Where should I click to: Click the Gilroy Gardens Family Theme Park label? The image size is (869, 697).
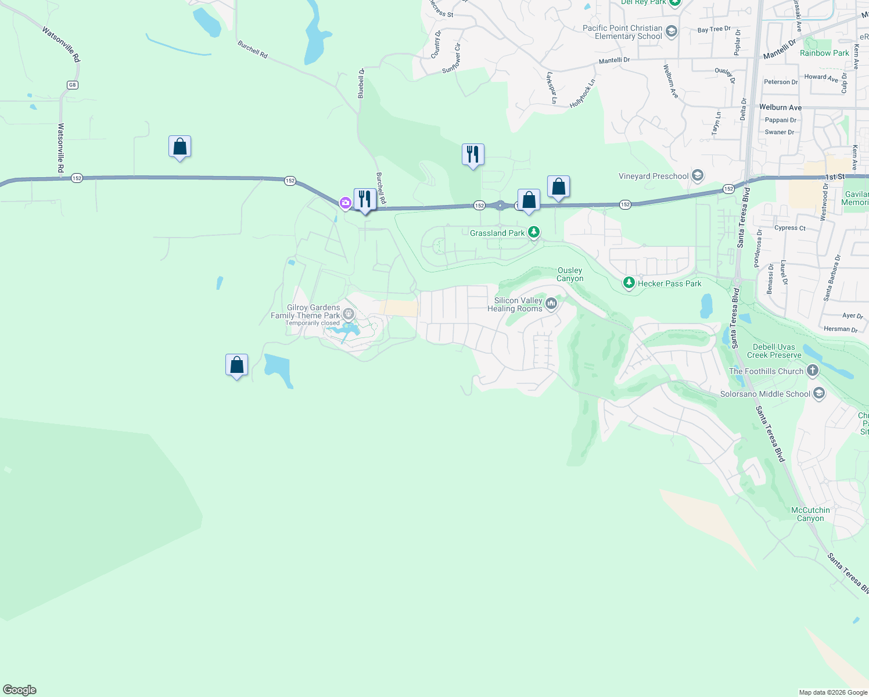(306, 312)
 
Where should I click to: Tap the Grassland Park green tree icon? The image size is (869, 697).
(533, 232)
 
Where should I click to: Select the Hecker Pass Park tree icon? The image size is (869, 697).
(629, 283)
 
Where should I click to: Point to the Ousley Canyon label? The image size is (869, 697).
(570, 274)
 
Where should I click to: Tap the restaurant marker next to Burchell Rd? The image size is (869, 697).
(364, 200)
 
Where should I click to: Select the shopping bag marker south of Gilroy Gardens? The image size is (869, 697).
(236, 365)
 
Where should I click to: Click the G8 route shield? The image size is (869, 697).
(72, 85)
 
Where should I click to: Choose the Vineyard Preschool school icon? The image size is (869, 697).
(698, 175)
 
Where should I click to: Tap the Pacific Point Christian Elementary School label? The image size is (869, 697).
(622, 32)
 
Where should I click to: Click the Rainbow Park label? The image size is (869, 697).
(824, 53)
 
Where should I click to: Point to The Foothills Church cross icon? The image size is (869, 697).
(813, 370)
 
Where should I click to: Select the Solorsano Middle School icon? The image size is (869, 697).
(819, 393)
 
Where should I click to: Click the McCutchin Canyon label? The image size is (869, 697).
(810, 514)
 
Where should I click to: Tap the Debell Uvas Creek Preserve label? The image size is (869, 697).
(774, 351)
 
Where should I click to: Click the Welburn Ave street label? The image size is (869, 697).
(780, 107)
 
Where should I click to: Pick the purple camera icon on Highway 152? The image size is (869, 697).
(346, 203)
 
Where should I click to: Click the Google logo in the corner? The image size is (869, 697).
(20, 690)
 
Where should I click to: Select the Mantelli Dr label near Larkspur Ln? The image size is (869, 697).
(614, 60)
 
